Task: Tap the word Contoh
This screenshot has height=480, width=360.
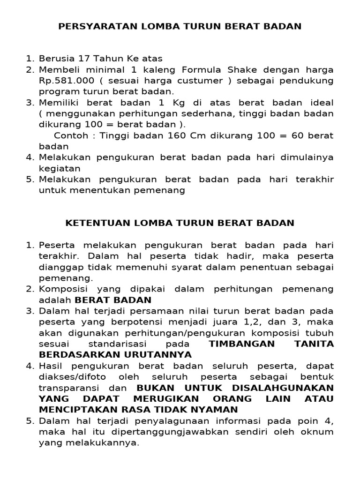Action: (x=69, y=135)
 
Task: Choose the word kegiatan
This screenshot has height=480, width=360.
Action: (x=60, y=168)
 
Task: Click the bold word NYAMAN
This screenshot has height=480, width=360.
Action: (x=217, y=410)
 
